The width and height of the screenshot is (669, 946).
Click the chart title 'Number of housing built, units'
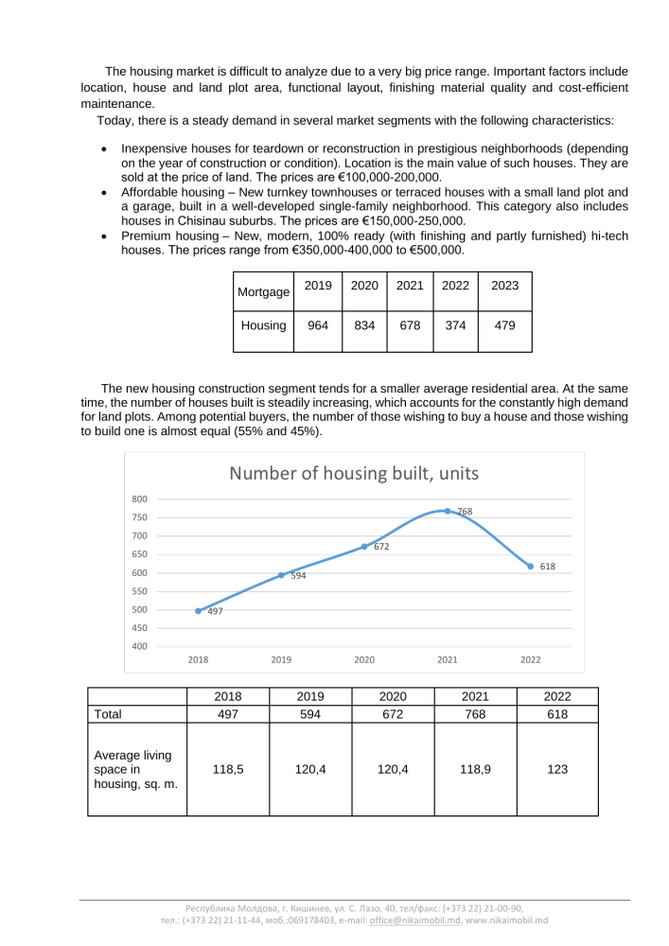(354, 473)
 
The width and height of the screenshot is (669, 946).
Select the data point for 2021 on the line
(448, 511)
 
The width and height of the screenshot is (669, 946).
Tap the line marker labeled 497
(198, 611)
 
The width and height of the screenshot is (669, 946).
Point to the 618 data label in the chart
(548, 567)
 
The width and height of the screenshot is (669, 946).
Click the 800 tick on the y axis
(140, 499)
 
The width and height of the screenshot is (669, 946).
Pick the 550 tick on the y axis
(140, 591)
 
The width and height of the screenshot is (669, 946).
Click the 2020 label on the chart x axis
(364, 659)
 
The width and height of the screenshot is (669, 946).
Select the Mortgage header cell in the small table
(263, 292)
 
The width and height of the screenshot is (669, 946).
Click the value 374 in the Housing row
(455, 325)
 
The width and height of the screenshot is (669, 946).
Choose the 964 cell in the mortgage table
(318, 325)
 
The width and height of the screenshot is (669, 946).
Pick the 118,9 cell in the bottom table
(475, 770)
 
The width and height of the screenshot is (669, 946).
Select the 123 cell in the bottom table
(557, 770)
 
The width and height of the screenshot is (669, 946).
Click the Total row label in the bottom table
(108, 714)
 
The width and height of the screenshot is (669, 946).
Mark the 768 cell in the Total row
(475, 714)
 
